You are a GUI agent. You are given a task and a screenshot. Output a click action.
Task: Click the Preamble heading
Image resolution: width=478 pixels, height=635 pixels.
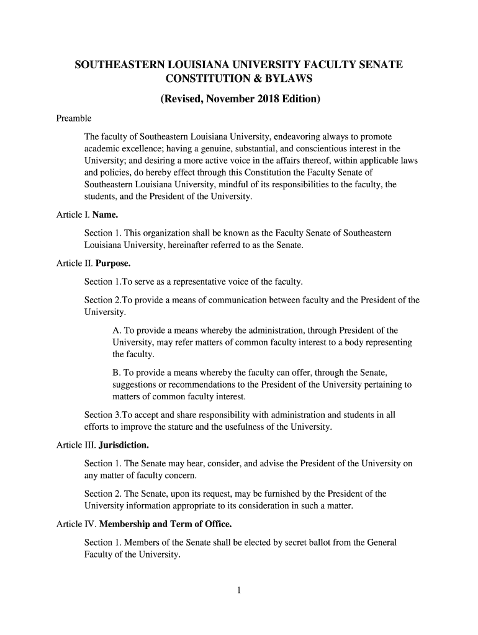point(74,118)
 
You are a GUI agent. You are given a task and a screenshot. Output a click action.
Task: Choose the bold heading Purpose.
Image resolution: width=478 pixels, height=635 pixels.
point(113,264)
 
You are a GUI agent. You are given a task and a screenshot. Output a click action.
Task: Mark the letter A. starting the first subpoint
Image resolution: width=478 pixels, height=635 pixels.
point(117,331)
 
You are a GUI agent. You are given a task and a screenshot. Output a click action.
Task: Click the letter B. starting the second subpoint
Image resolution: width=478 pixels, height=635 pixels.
point(117,373)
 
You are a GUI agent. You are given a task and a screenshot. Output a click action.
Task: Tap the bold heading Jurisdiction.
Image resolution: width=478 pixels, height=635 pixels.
point(124,445)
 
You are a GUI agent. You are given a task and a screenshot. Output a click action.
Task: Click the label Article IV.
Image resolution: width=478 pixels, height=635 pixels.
point(76,525)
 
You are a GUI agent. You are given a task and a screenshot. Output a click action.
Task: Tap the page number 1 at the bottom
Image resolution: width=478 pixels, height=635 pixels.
point(239,590)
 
